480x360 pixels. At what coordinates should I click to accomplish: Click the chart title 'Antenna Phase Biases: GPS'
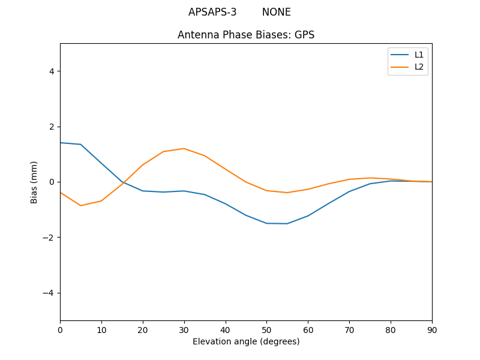(x=246, y=35)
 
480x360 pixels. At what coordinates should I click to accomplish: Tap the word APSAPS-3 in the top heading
(x=212, y=12)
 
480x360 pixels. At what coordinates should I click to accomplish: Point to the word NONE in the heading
(x=276, y=12)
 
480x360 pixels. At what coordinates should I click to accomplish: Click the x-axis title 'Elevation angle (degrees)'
(x=246, y=341)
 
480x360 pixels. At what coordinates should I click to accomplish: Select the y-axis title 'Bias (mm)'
(x=34, y=182)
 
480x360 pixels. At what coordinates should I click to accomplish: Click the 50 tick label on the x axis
(x=266, y=329)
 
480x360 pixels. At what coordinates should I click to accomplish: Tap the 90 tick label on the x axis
(x=432, y=329)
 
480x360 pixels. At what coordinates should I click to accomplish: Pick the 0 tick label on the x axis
(x=60, y=329)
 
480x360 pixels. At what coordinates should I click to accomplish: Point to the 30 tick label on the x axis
(x=184, y=329)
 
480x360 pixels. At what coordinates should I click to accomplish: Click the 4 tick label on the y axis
(x=52, y=71)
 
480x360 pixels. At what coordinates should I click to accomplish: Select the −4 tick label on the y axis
(x=49, y=293)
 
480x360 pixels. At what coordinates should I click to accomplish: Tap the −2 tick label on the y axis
(x=49, y=238)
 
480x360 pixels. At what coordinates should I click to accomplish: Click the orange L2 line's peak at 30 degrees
(x=184, y=148)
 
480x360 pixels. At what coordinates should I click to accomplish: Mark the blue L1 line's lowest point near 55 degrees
(x=287, y=224)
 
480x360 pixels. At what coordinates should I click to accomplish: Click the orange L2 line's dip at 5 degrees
(x=80, y=206)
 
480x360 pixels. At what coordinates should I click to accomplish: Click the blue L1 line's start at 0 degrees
(x=61, y=143)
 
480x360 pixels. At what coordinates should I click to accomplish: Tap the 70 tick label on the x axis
(x=349, y=329)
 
